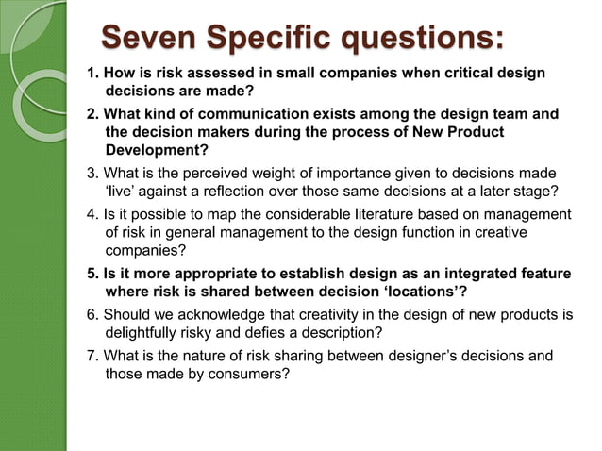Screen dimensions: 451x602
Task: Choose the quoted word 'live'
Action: pos(125,191)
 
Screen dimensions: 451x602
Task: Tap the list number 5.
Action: pos(92,274)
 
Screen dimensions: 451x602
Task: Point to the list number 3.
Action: pos(92,173)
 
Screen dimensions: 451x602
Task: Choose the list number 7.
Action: pos(92,355)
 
